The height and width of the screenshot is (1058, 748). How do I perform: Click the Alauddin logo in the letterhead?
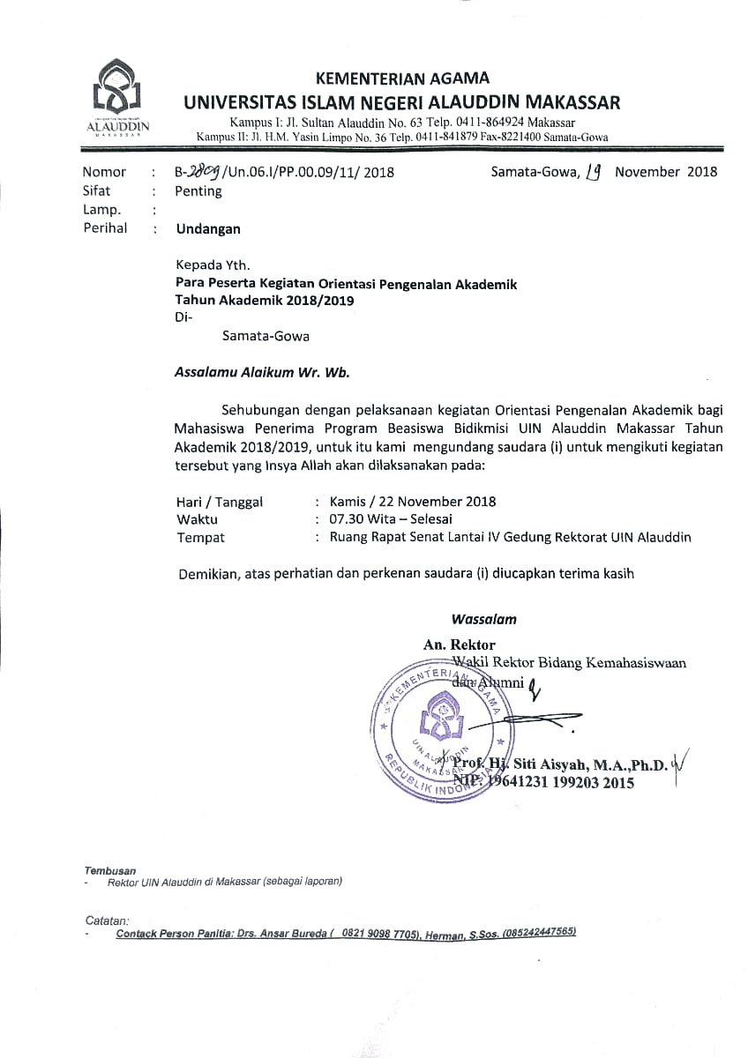tap(118, 94)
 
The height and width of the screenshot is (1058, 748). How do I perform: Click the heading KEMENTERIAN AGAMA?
tap(401, 79)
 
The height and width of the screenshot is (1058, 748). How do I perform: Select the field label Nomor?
tap(104, 172)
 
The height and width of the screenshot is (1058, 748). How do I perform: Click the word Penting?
tap(198, 191)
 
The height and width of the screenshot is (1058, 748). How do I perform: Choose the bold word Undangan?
tap(208, 229)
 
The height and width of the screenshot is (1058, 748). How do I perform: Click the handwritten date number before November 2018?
tap(594, 172)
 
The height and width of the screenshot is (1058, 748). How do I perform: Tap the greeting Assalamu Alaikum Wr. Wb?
tap(262, 372)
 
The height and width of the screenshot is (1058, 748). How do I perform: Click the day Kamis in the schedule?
tap(349, 502)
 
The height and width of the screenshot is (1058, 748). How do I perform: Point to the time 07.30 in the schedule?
tap(348, 519)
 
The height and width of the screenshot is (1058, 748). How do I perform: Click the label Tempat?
tap(200, 537)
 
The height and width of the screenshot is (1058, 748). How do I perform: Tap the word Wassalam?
tap(483, 620)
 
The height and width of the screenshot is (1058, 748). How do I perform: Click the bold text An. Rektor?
tap(459, 644)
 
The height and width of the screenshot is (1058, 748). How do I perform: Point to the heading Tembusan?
tap(110, 869)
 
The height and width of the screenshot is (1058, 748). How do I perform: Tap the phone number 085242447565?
tap(539, 933)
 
